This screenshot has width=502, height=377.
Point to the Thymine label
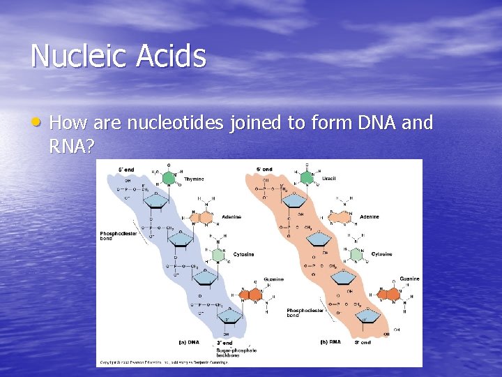click(x=194, y=179)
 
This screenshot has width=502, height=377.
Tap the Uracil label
click(x=329, y=178)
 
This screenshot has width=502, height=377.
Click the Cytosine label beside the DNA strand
click(x=243, y=254)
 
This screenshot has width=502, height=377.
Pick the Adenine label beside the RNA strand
click(x=370, y=216)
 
